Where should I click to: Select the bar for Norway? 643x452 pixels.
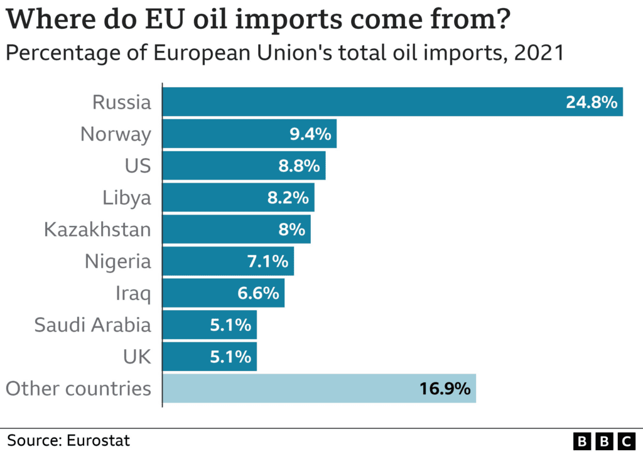[249, 134]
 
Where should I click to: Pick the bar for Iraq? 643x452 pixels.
[224, 293]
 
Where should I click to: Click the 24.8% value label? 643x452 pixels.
[592, 102]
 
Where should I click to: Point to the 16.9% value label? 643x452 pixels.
[445, 389]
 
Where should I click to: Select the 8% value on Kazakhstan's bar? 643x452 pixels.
[292, 229]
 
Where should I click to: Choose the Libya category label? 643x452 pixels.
[127, 198]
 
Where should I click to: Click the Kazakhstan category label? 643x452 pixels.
[97, 229]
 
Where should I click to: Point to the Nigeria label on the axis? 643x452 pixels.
[118, 261]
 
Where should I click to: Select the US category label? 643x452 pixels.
[138, 166]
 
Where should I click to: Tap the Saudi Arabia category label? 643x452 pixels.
[92, 325]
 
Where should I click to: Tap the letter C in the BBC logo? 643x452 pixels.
[626, 440]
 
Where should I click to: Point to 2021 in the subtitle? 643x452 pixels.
[538, 53]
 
